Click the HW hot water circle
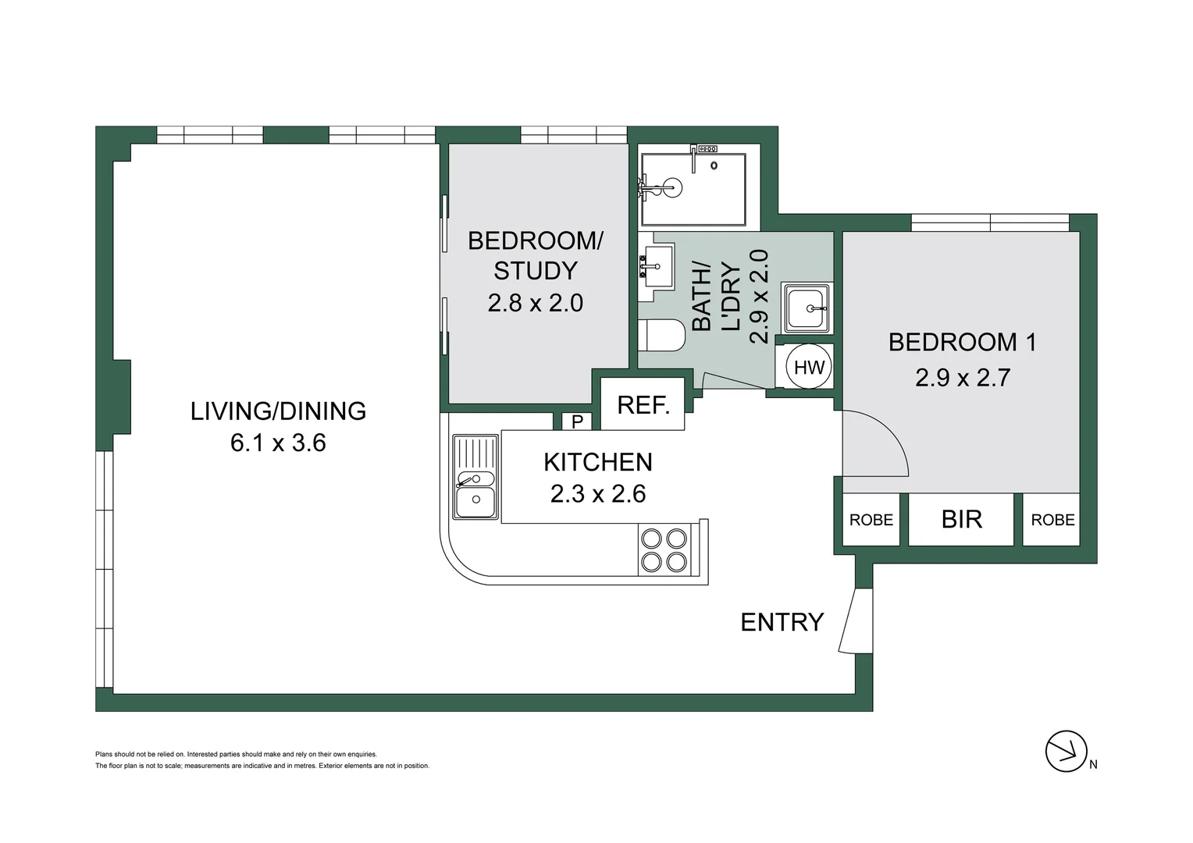tap(809, 367)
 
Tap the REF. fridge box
tap(643, 404)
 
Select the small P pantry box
tap(577, 421)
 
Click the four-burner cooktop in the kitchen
tap(663, 550)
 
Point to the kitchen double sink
tap(475, 478)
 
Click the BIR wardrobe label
tap(961, 519)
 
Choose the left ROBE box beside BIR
tap(871, 520)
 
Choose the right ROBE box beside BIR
tap(1052, 520)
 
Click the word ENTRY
tap(782, 622)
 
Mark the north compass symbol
tap(1067, 752)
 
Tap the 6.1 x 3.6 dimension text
tap(278, 443)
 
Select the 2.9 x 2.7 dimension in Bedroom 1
tap(963, 378)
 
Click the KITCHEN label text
tap(597, 462)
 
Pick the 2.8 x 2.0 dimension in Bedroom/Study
tap(535, 303)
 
